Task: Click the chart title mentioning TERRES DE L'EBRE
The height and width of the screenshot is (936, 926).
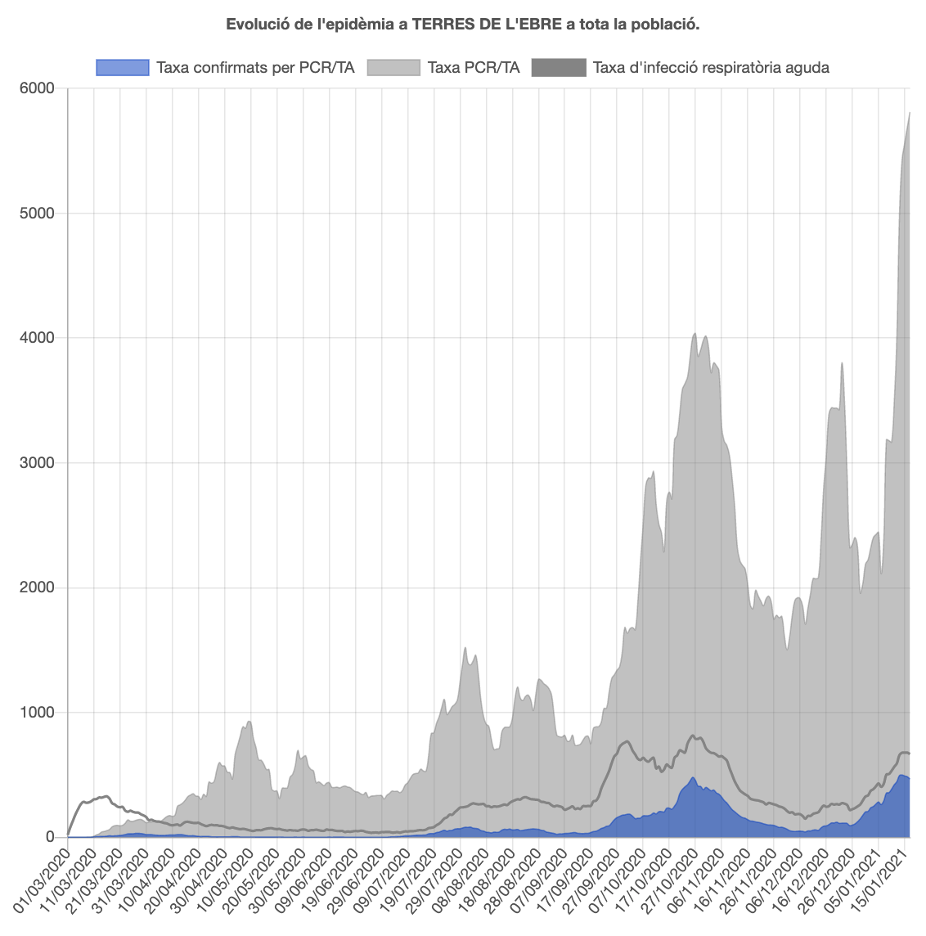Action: click(463, 25)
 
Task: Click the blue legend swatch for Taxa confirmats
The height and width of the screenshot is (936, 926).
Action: click(123, 68)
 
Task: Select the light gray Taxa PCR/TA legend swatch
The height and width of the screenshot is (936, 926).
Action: click(393, 68)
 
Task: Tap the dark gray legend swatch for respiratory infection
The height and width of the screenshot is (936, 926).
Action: click(559, 68)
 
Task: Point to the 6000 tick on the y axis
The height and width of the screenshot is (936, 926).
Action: click(38, 88)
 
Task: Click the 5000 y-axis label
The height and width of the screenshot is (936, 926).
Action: click(38, 214)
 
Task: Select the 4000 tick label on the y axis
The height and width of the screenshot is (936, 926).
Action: click(38, 338)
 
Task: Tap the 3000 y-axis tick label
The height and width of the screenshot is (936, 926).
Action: click(38, 463)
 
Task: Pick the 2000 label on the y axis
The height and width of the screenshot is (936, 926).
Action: click(38, 587)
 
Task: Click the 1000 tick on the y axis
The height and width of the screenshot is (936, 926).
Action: click(38, 713)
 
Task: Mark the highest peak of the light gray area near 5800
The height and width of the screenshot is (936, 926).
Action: click(910, 114)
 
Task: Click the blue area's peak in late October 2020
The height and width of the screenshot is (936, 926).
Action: click(693, 778)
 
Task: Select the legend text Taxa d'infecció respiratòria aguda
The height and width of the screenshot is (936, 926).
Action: click(711, 68)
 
